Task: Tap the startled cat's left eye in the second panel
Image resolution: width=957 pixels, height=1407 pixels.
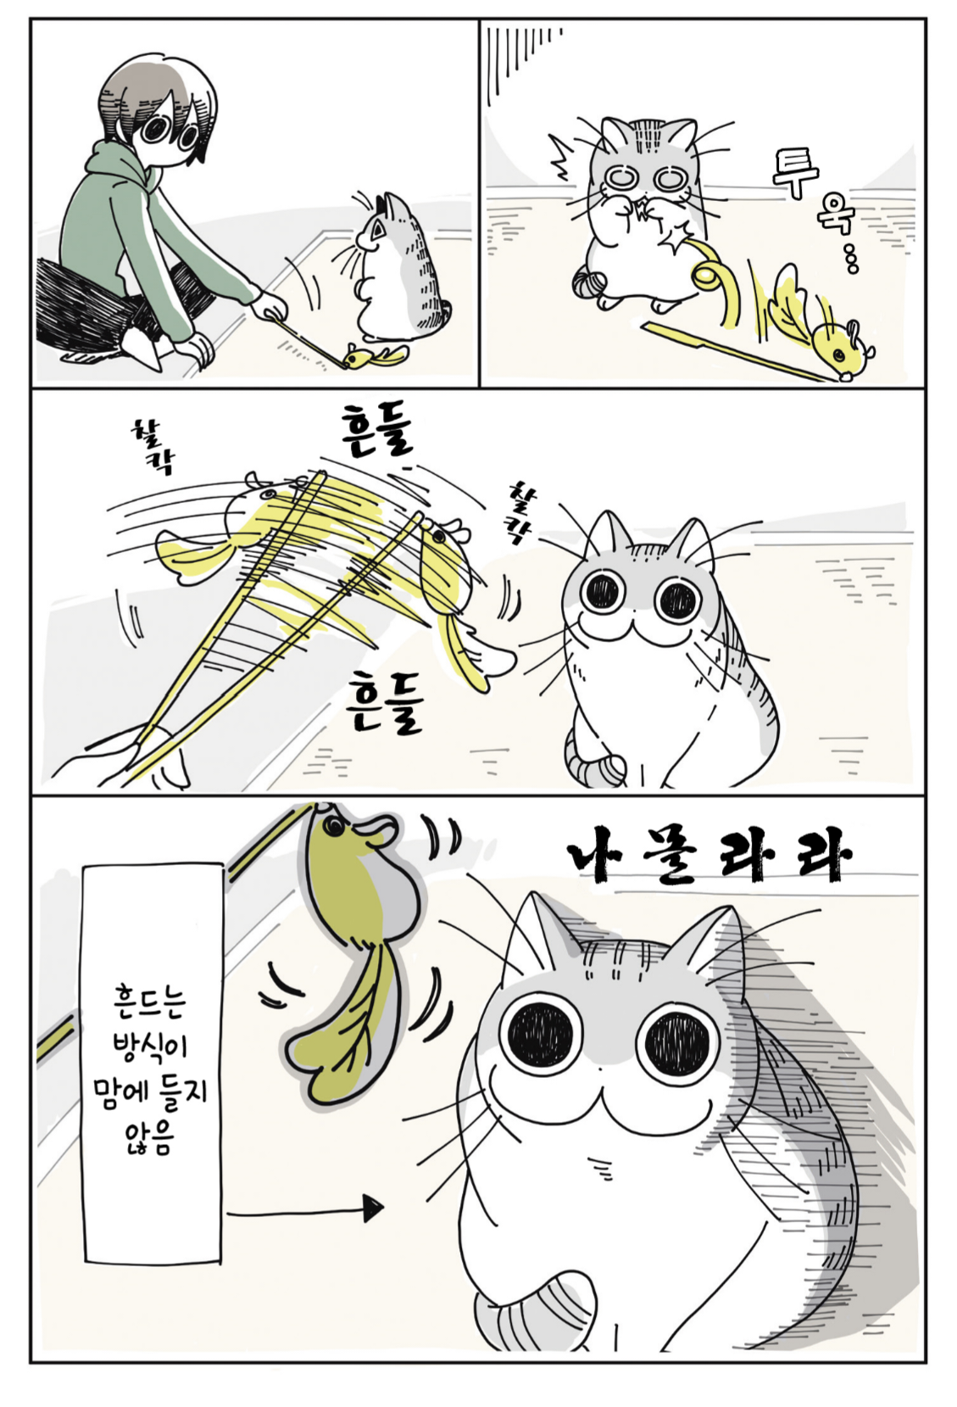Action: tap(623, 177)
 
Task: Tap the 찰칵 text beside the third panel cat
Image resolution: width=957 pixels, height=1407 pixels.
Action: tap(521, 513)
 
